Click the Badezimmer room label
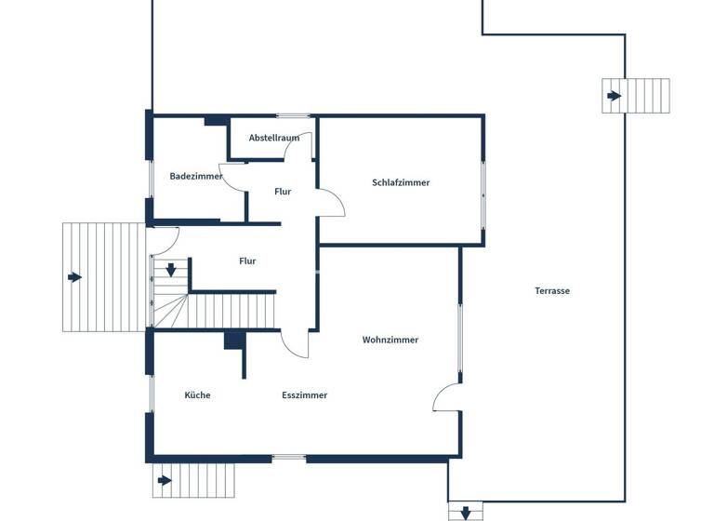click(x=195, y=176)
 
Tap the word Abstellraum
click(x=274, y=138)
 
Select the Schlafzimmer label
click(x=401, y=182)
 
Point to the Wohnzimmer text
click(x=390, y=340)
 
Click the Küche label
click(x=197, y=394)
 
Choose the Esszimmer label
click(x=305, y=394)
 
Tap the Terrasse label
click(x=552, y=290)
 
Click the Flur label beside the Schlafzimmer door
click(x=284, y=192)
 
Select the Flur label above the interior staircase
click(x=247, y=261)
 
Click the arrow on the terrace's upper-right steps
click(x=614, y=96)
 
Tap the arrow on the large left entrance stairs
click(x=74, y=277)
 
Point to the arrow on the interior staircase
click(x=172, y=271)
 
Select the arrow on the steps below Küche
click(x=165, y=480)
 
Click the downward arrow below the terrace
click(x=465, y=512)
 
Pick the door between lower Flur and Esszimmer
click(x=296, y=344)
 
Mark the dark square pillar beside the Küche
click(x=233, y=341)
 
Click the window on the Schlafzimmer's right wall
click(x=483, y=195)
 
